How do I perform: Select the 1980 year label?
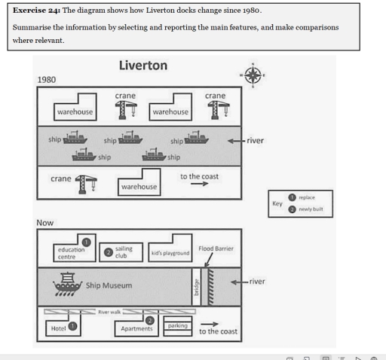point(47,79)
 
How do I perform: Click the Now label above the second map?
point(44,224)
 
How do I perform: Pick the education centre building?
point(75,252)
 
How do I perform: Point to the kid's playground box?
point(169,253)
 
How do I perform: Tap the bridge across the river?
point(196,286)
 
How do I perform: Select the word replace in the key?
point(306,197)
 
